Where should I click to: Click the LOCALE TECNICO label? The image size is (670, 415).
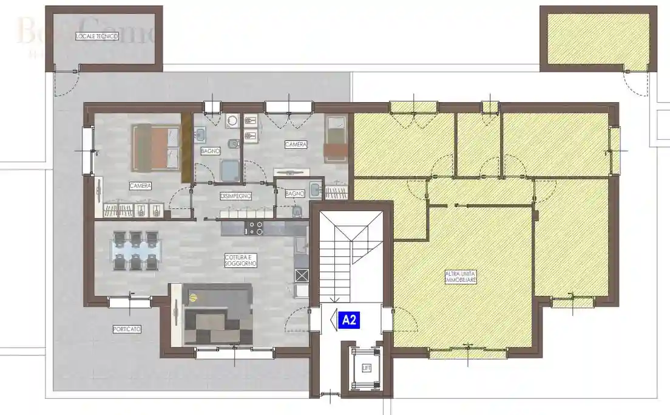(x=96, y=36)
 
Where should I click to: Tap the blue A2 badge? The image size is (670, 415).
(x=349, y=320)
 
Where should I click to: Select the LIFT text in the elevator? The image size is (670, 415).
(x=366, y=368)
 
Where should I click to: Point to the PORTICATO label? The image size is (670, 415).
(x=127, y=329)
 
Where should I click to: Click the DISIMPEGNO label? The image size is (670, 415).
(x=235, y=196)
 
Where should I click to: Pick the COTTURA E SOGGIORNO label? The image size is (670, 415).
(x=241, y=260)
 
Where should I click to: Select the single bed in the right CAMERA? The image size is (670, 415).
(x=335, y=139)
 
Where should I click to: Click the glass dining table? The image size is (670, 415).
(x=135, y=250)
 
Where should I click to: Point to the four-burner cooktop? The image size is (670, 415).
(x=254, y=228)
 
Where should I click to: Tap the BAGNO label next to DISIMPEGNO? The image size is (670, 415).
(x=294, y=193)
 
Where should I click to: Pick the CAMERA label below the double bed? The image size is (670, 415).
(x=140, y=185)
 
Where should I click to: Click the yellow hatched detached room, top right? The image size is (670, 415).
(x=598, y=38)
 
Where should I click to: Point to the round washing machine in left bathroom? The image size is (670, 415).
(x=231, y=122)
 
